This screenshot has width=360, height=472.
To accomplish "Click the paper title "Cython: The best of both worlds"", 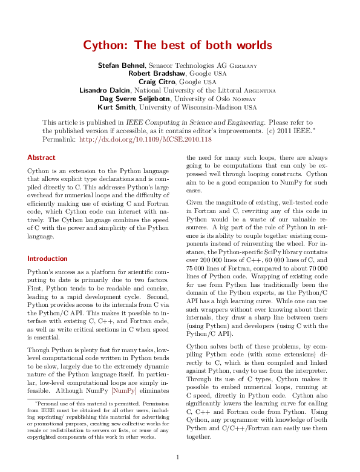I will click(x=177, y=45).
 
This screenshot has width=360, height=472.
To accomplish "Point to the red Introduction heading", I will click(x=47, y=258).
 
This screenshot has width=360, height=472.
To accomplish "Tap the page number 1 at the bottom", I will click(x=177, y=457).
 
